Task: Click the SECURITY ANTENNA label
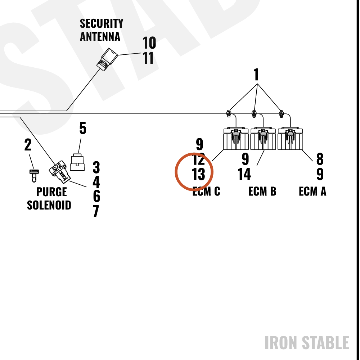pos(102,30)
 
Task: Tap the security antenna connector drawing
pos(107,59)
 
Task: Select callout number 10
pos(149,43)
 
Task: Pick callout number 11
pos(148,58)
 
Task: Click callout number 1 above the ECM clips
pos(256,75)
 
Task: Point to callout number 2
pos(28,145)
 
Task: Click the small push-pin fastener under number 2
pos(34,176)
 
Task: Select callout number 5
pos(83,128)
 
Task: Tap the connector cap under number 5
pos(77,162)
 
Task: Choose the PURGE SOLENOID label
pos(49,198)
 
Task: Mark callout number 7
pos(96,211)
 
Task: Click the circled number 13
pos(198,174)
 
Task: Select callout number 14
pos(244,174)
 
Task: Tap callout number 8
pos(320,159)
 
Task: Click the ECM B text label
pos(262,191)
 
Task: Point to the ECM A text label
pos(312,191)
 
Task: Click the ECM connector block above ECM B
pos(263,139)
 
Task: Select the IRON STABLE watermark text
pos(307,343)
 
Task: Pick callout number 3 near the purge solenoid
pos(96,167)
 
